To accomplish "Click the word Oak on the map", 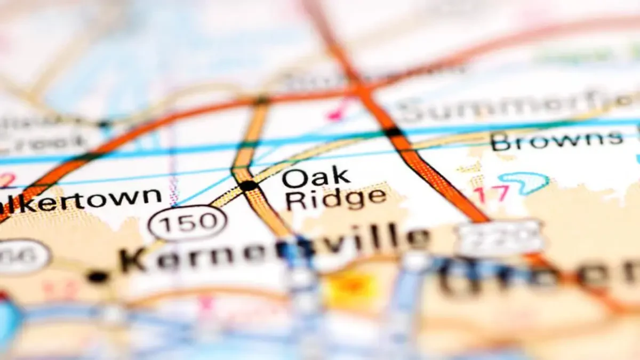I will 316,178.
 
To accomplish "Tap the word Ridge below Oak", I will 335,199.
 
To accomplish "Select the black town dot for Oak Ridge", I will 249,186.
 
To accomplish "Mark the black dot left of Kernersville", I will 98,276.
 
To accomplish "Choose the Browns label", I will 557,140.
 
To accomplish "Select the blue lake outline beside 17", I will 525,182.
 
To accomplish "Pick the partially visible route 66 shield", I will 24,257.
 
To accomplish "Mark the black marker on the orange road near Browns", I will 394,131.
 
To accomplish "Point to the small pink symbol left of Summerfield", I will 335,113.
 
